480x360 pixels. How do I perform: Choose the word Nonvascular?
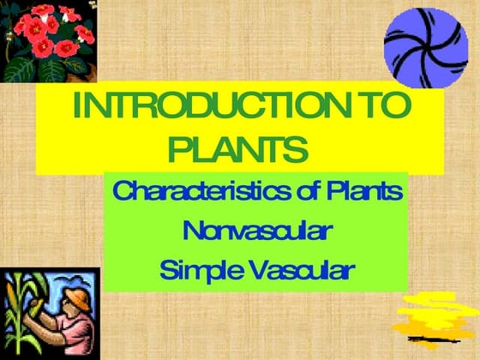(257, 231)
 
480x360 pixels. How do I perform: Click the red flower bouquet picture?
(47, 39)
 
